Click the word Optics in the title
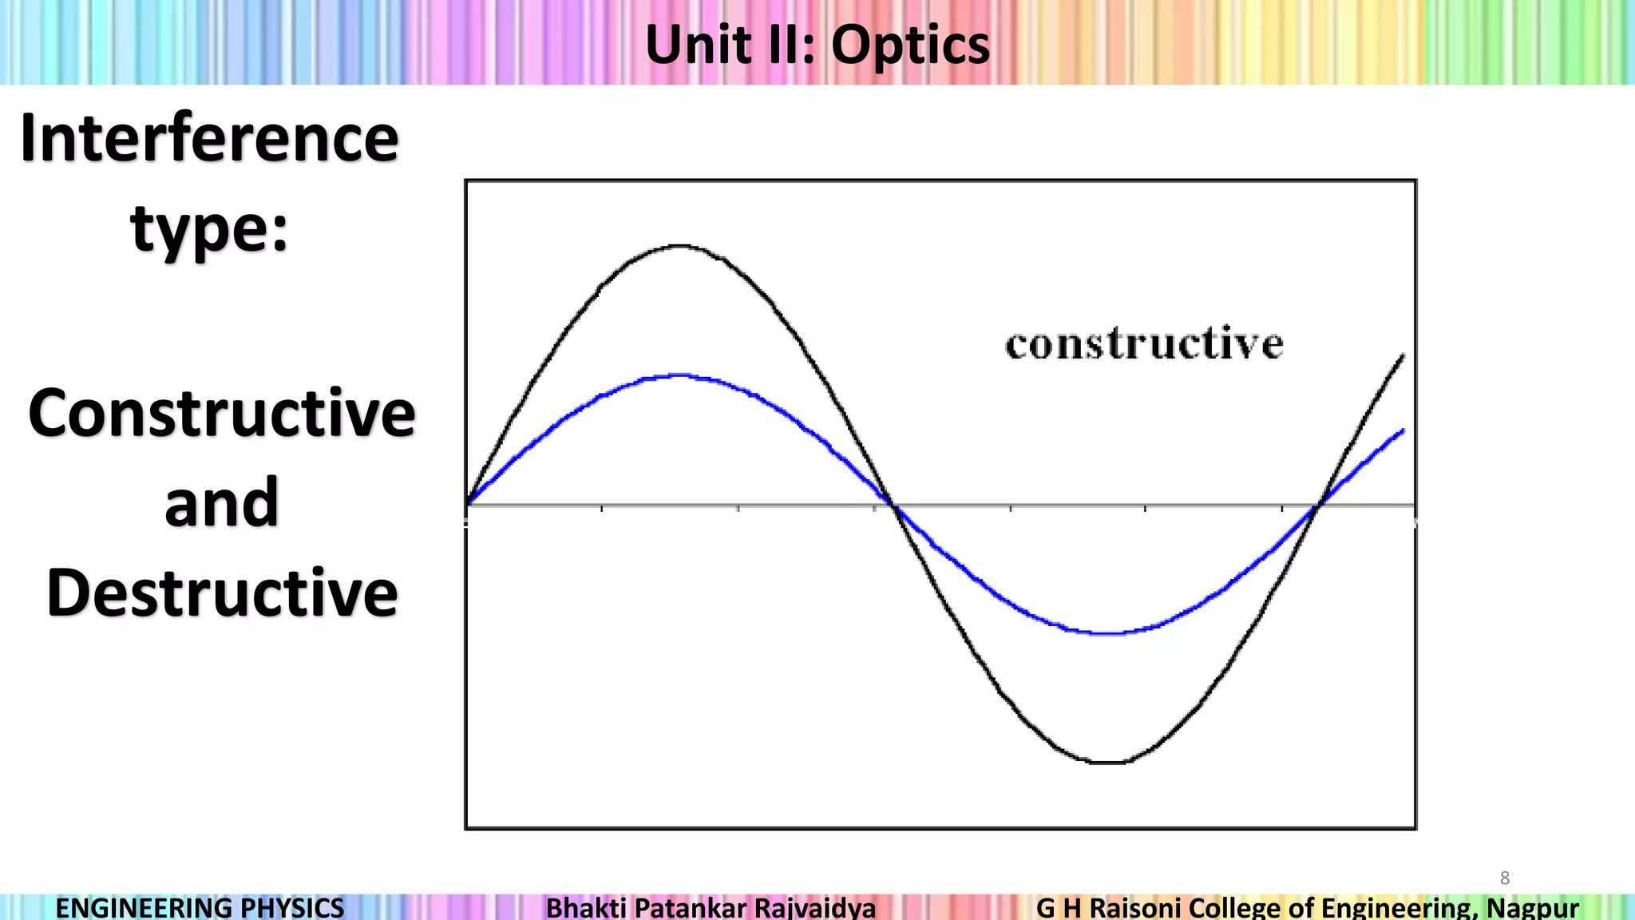[910, 45]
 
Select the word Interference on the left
[209, 138]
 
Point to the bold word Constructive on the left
[222, 413]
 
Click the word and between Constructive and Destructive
[222, 503]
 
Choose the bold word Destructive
[222, 593]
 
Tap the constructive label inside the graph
[1144, 344]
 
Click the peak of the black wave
[679, 246]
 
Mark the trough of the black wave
[1107, 763]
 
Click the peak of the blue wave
[679, 375]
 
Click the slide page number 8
[1505, 878]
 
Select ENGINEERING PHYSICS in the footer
[200, 908]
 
